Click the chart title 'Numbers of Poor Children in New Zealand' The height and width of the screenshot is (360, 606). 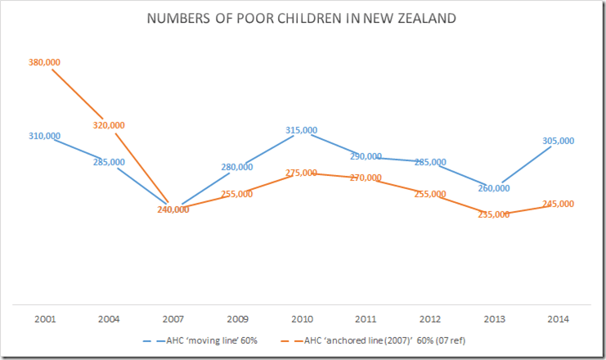pyautogui.click(x=302, y=18)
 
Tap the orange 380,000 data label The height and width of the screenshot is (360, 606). pyautogui.click(x=45, y=62)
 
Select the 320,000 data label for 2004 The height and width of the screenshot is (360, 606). pyautogui.click(x=109, y=125)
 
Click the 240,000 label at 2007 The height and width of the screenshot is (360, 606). pyautogui.click(x=173, y=209)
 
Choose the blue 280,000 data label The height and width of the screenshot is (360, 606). pyautogui.click(x=237, y=167)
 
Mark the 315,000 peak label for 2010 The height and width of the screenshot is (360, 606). pyautogui.click(x=302, y=130)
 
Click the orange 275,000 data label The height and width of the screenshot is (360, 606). pyautogui.click(x=302, y=173)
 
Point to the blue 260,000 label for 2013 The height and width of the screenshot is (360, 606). pyautogui.click(x=493, y=188)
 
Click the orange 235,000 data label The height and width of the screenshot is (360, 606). pyautogui.click(x=493, y=214)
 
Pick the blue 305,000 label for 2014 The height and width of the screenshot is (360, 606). pyautogui.click(x=558, y=141)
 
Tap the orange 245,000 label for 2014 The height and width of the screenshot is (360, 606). pyautogui.click(x=558, y=204)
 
